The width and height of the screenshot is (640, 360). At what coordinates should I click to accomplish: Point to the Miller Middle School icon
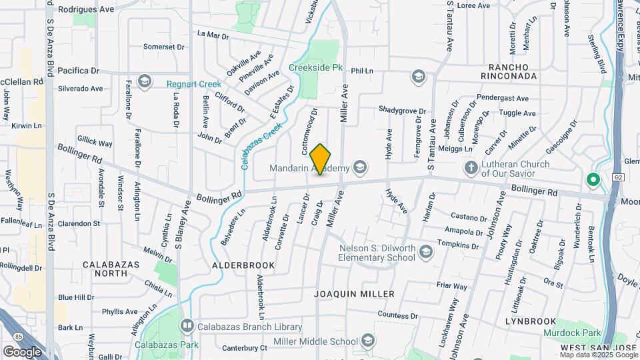(x=367, y=342)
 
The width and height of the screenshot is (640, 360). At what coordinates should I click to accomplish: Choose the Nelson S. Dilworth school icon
(x=425, y=252)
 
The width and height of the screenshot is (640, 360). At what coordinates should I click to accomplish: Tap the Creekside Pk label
(x=315, y=68)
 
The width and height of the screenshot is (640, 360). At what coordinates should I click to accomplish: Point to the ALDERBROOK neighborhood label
(x=243, y=265)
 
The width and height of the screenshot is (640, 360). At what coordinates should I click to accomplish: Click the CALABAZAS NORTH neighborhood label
(x=111, y=269)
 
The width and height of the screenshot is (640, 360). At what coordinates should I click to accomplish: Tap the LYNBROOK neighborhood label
(x=530, y=321)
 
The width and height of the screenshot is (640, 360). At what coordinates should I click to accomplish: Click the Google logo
(x=21, y=351)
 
